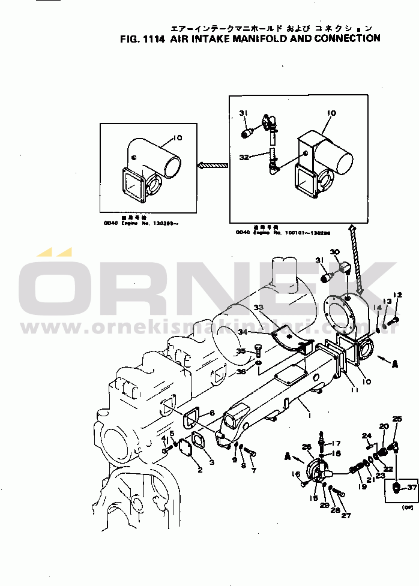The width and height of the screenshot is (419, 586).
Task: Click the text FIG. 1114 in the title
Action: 142,38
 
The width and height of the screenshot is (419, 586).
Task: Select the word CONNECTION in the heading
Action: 345,38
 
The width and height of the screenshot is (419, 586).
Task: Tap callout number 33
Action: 258,308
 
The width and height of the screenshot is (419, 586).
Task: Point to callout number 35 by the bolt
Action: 240,351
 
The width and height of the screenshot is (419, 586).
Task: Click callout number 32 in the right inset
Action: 244,157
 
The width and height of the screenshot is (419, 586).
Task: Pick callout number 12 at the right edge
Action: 396,294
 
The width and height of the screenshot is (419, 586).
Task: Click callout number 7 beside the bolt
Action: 254,471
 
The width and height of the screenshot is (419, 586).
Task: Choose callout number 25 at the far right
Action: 397,419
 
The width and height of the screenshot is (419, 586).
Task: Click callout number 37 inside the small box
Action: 411,488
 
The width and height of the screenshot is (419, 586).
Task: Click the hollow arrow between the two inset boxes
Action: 213,165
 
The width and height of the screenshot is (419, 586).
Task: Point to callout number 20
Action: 384,426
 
